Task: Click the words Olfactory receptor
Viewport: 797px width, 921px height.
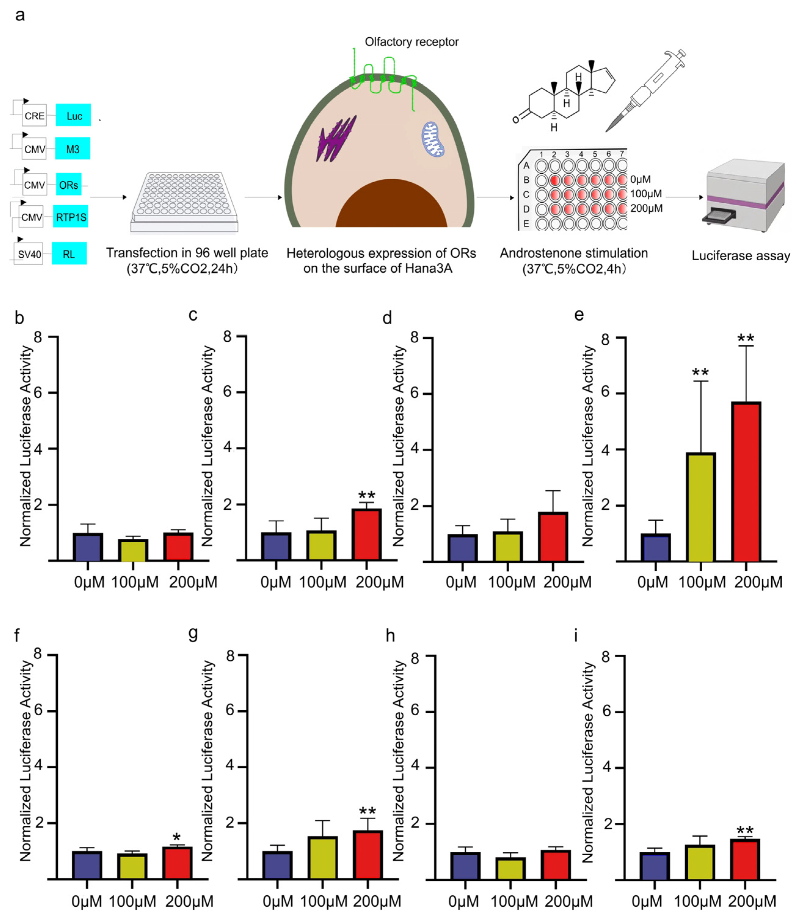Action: [411, 42]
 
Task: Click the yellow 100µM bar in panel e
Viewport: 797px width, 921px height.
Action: [701, 507]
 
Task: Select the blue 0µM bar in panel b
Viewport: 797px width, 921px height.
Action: [88, 547]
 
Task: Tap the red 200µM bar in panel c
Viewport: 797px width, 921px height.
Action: [366, 534]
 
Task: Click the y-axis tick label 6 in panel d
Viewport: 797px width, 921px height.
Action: [414, 393]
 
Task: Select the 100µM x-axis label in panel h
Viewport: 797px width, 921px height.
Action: [514, 901]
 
